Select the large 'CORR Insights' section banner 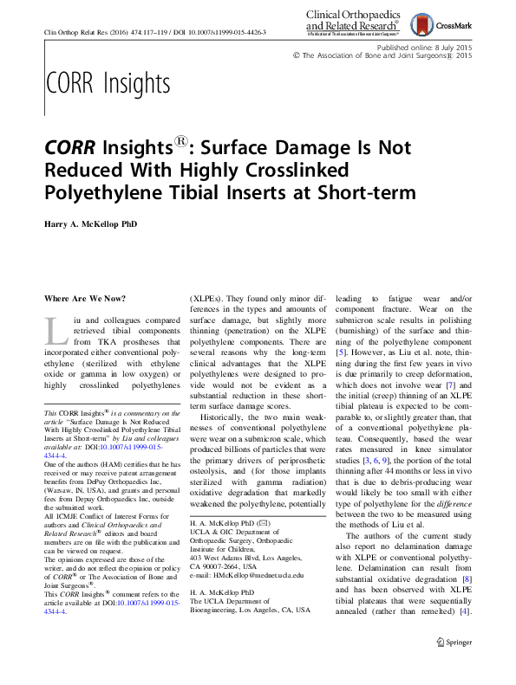click(107, 83)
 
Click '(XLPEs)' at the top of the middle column click(207, 299)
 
